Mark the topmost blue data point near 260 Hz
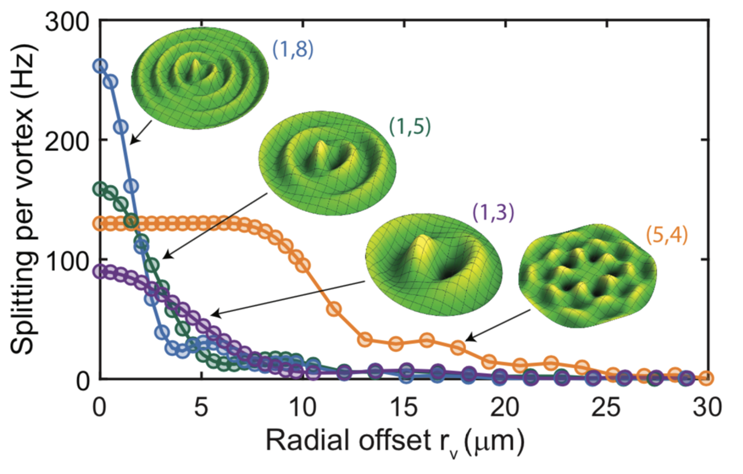point(100,65)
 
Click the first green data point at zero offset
point(100,189)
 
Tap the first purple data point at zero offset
point(100,271)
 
